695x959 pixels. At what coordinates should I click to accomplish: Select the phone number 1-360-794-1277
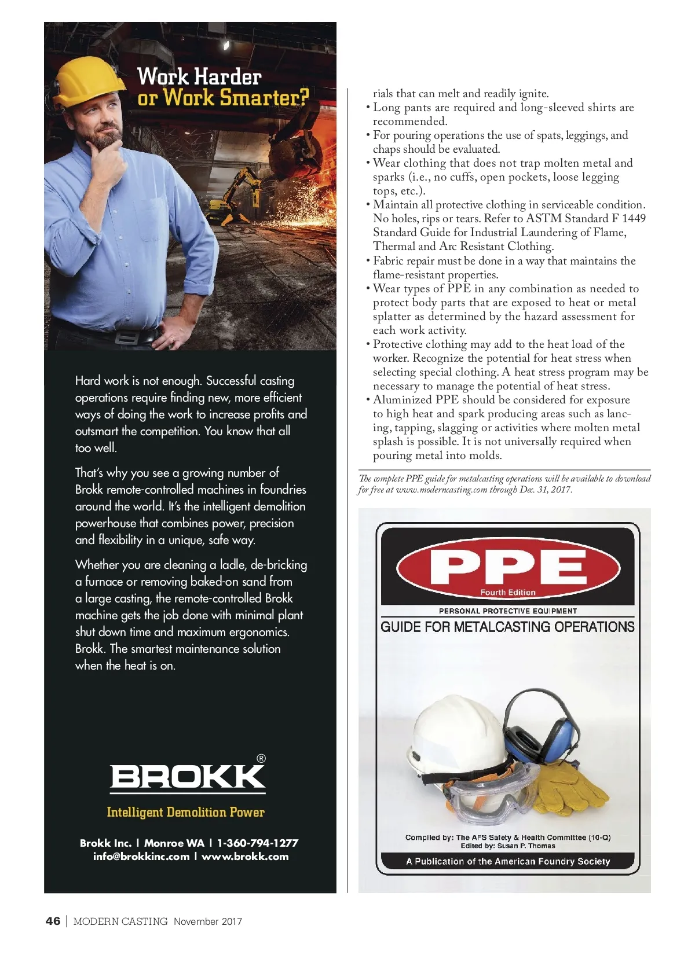(x=258, y=843)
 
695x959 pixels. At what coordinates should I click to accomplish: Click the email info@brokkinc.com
(x=141, y=857)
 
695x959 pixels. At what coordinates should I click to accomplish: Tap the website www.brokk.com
(x=245, y=857)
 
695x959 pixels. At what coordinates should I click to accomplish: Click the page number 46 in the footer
(x=53, y=921)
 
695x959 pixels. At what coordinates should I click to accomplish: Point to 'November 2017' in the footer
(x=208, y=921)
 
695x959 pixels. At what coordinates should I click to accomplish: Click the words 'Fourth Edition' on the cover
(x=508, y=592)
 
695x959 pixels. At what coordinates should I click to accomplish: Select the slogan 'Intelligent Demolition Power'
(x=185, y=812)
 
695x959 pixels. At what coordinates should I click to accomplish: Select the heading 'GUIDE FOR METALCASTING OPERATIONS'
(x=507, y=627)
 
